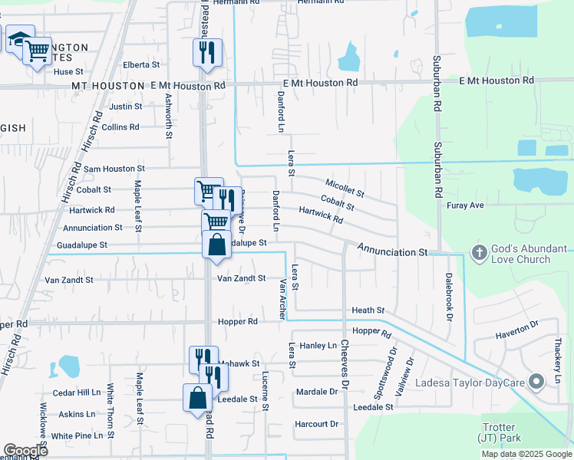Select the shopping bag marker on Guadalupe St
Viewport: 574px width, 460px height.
tap(217, 245)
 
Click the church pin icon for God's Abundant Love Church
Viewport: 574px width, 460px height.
tap(479, 252)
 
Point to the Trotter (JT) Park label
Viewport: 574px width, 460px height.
tap(499, 432)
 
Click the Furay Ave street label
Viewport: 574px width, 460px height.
tap(465, 205)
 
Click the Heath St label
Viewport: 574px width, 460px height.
tap(368, 310)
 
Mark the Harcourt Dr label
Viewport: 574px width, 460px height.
tap(316, 424)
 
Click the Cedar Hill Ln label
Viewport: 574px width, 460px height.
tap(77, 393)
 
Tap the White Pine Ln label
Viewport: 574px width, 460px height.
tap(77, 435)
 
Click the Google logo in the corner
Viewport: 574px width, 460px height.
tap(25, 451)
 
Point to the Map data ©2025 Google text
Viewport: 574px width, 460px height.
tap(526, 454)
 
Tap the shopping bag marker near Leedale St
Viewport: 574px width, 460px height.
tap(197, 398)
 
